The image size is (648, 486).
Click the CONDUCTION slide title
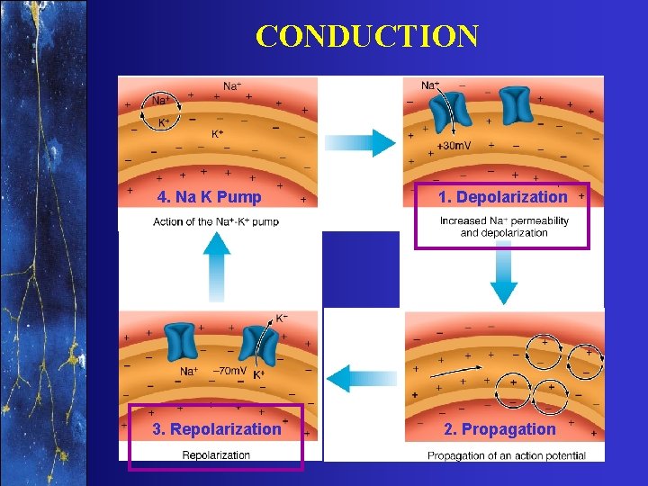pyautogui.click(x=366, y=37)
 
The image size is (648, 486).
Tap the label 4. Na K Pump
pyautogui.click(x=209, y=197)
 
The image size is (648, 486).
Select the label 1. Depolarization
pyautogui.click(x=502, y=197)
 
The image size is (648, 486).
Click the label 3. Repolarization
pyautogui.click(x=217, y=429)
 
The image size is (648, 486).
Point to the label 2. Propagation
pyautogui.click(x=499, y=429)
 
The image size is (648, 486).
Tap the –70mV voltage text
pyautogui.click(x=229, y=371)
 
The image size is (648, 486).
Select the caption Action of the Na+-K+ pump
pyautogui.click(x=216, y=221)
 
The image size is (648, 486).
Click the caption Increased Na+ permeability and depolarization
pyautogui.click(x=504, y=227)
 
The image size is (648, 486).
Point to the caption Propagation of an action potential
pyautogui.click(x=506, y=455)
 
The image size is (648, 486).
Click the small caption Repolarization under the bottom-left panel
pyautogui.click(x=216, y=455)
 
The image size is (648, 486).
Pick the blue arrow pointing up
pyautogui.click(x=217, y=261)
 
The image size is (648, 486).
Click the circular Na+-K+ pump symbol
pyautogui.click(x=165, y=113)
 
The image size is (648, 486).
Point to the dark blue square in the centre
pyautogui.click(x=360, y=269)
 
